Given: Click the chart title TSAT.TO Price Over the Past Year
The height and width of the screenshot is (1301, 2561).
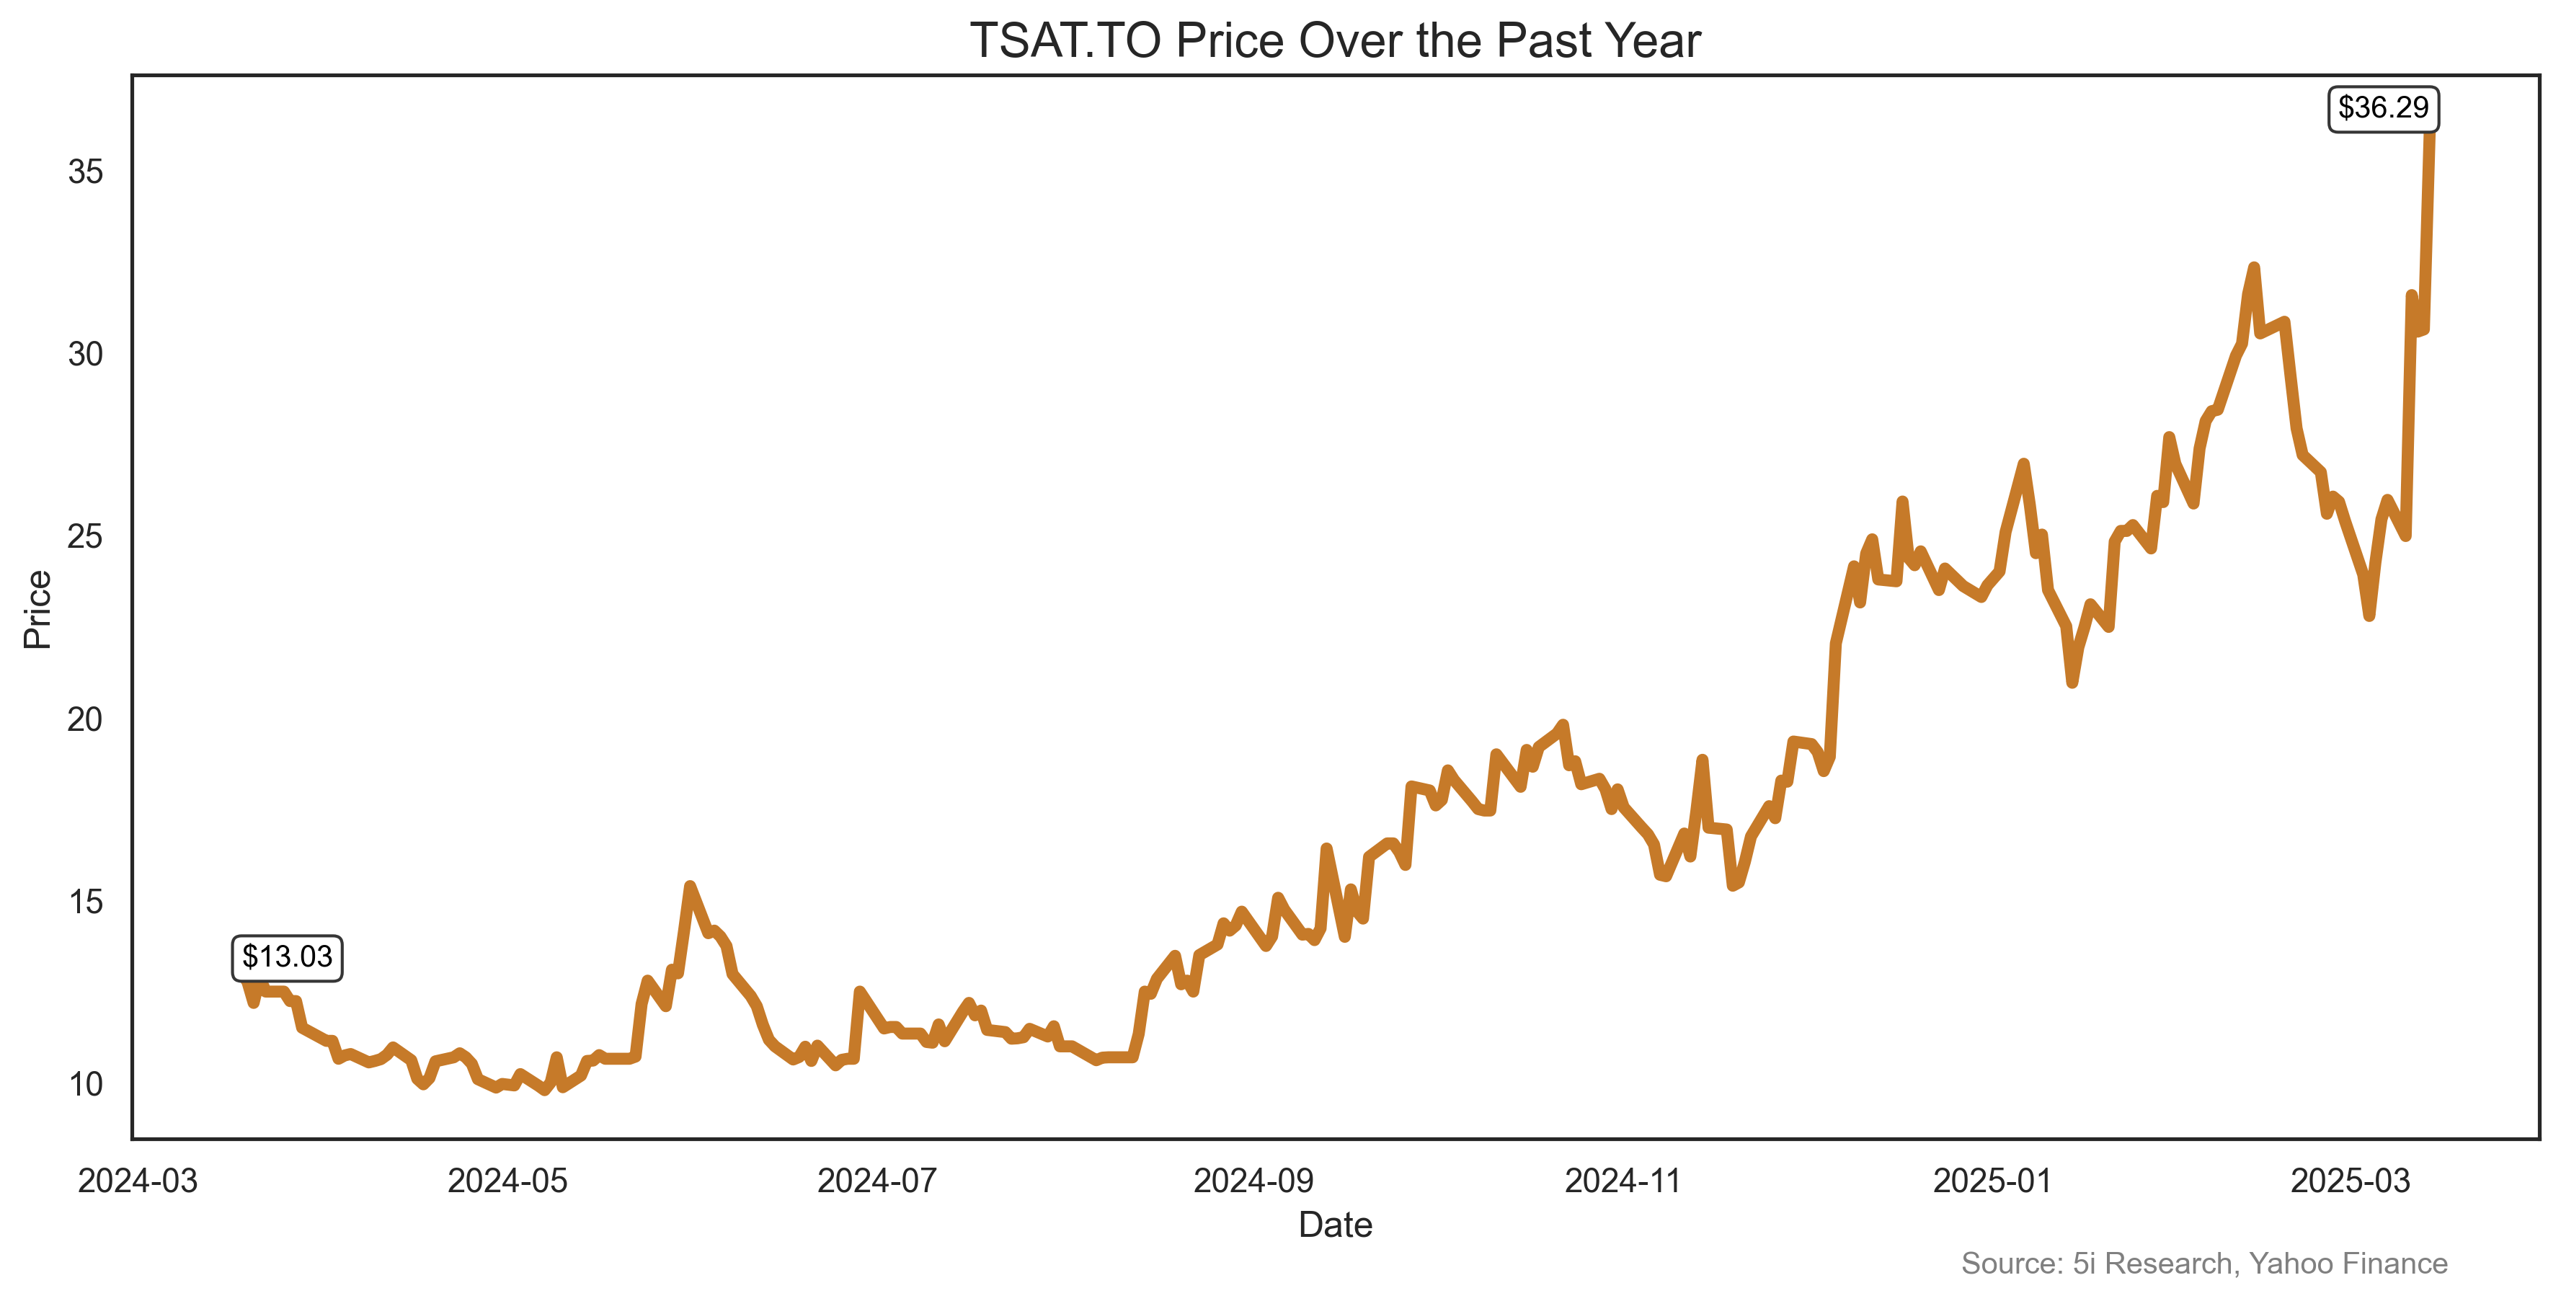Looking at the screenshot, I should (x=1334, y=42).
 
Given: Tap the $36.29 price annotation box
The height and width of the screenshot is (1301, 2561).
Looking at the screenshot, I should (x=2382, y=108).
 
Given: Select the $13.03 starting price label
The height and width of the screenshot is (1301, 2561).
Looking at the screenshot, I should (x=288, y=957).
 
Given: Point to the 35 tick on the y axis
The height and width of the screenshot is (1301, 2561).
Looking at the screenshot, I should (x=86, y=172).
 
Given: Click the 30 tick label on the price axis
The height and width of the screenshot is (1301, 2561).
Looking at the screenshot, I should (x=86, y=355).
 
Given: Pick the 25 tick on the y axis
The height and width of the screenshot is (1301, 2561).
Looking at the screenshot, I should (x=86, y=537).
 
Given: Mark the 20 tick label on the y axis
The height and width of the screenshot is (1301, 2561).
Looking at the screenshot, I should (x=86, y=719).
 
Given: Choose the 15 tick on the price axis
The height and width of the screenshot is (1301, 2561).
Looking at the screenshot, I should (x=86, y=902).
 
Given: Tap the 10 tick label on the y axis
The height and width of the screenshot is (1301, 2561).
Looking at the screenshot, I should (x=86, y=1084).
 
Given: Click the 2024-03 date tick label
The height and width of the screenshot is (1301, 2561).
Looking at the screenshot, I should (x=138, y=1181).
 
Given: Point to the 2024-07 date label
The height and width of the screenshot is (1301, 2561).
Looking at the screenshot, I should (x=877, y=1181).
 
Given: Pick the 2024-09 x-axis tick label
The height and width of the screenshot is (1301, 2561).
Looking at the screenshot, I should (x=1253, y=1181).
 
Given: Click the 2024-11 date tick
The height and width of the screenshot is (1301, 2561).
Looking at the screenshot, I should (x=1623, y=1181).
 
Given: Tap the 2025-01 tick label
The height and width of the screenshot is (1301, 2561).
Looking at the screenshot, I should (x=1992, y=1181).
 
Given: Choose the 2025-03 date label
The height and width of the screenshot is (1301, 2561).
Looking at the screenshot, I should (x=2351, y=1181).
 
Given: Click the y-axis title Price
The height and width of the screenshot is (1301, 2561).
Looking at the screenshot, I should (x=37, y=609).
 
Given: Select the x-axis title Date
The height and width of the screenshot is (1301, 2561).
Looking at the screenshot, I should (x=1335, y=1225).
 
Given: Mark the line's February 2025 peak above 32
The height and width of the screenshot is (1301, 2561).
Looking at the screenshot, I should (x=2254, y=268).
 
